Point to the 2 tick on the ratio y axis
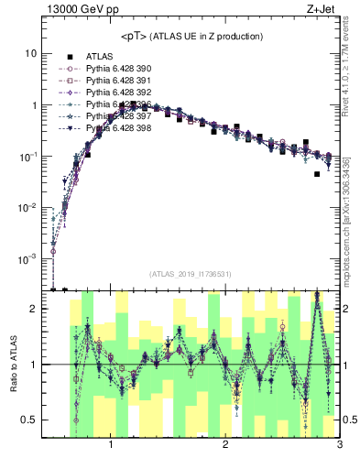(x=33, y=309)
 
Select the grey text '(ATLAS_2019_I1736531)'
(x=191, y=274)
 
